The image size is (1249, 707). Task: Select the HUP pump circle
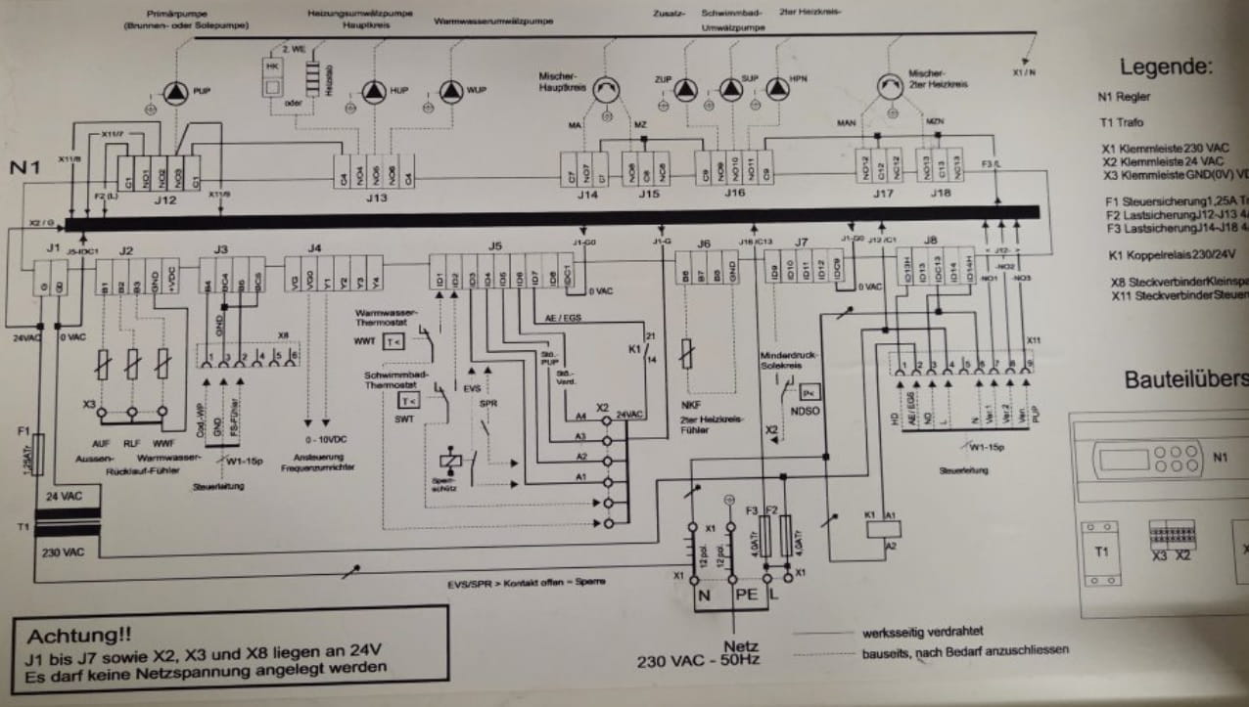coord(374,93)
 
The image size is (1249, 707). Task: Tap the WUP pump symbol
coord(450,93)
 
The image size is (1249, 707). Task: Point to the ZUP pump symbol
coord(684,90)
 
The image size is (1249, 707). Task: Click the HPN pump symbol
coord(777,90)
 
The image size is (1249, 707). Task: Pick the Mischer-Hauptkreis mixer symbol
coord(609,91)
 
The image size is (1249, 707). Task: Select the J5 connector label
coord(495,244)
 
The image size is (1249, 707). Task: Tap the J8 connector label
coord(930,241)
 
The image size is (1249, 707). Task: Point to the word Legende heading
coord(1166,66)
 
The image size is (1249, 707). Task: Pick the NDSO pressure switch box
coord(808,391)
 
